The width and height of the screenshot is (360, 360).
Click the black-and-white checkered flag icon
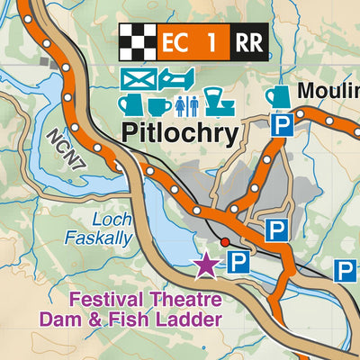pyautogui.click(x=137, y=41)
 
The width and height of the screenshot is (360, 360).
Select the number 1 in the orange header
pyautogui.click(x=211, y=41)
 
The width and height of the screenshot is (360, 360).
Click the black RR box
pyautogui.click(x=247, y=41)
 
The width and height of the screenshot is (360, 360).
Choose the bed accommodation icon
pyautogui.click(x=178, y=79)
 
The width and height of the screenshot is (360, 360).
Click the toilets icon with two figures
pyautogui.click(x=188, y=105)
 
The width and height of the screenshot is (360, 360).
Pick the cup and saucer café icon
pyautogui.click(x=159, y=105)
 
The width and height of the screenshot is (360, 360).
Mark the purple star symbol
pyautogui.click(x=206, y=265)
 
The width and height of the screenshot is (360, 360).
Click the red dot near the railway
pyautogui.click(x=225, y=242)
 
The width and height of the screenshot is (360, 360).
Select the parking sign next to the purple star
pyautogui.click(x=237, y=263)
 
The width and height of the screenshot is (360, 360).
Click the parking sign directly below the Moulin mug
pyautogui.click(x=282, y=127)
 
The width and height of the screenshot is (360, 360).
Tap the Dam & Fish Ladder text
pyautogui.click(x=130, y=319)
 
